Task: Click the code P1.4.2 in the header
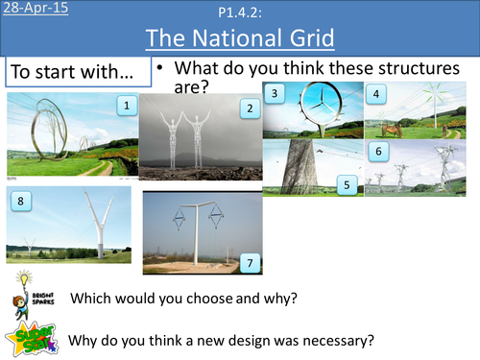[x=239, y=12]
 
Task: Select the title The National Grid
[x=239, y=39]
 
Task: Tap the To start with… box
[x=78, y=73]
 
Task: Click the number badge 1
[x=124, y=105]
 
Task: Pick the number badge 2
[x=250, y=108]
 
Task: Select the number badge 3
[x=276, y=94]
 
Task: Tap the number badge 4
[x=377, y=94]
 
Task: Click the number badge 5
[x=349, y=180]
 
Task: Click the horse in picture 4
[x=393, y=127]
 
